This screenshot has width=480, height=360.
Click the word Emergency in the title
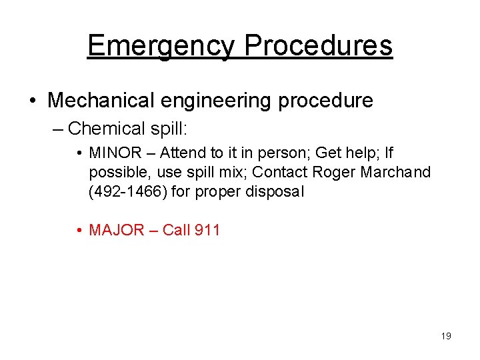coord(161,46)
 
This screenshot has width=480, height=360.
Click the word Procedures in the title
coord(318,46)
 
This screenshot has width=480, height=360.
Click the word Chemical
coord(106,128)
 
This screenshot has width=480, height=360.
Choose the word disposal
coord(275,192)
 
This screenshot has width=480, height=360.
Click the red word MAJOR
coord(117,230)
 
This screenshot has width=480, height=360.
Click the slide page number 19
coord(446,336)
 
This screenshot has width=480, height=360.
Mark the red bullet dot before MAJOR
coord(79,231)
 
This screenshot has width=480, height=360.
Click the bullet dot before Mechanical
coord(33,101)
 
